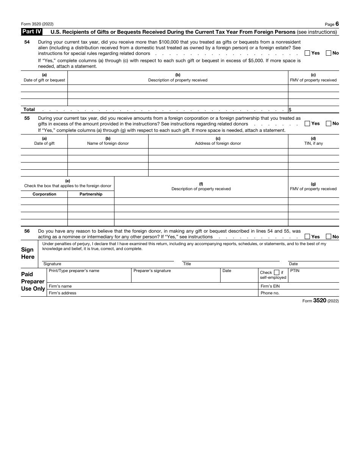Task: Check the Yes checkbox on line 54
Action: [x=307, y=53]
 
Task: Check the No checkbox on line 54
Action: [x=329, y=53]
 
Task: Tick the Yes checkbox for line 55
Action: [x=307, y=124]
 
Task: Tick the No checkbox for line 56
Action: [x=329, y=236]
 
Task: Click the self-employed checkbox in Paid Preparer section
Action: [x=276, y=272]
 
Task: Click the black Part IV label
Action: [x=32, y=32]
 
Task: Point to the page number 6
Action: [x=337, y=24]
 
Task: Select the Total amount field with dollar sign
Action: [x=314, y=110]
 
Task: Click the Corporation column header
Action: [x=44, y=194]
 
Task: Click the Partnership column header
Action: [x=91, y=194]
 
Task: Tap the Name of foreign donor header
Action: [x=108, y=141]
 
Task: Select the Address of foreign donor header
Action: [x=218, y=141]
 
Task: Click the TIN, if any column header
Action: [x=313, y=141]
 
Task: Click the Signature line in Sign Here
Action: [x=108, y=257]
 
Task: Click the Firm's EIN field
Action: [x=299, y=286]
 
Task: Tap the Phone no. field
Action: [x=299, y=293]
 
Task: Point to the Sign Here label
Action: [x=28, y=253]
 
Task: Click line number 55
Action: [x=27, y=118]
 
